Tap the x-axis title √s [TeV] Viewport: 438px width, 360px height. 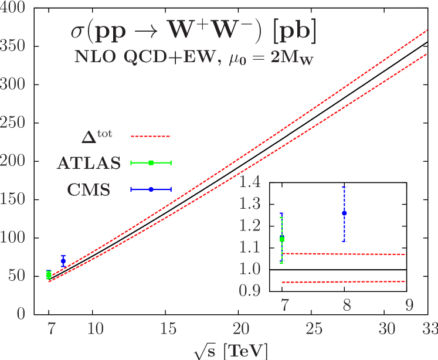(x=231, y=351)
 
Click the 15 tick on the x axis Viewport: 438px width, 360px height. (x=168, y=330)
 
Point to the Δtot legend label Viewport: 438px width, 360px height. (x=97, y=137)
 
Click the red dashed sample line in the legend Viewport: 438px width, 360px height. (x=151, y=136)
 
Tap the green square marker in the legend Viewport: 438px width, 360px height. (x=151, y=162)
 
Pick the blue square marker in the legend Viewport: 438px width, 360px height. (x=151, y=189)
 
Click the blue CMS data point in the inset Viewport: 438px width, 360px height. (x=344, y=212)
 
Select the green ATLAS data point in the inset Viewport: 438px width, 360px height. (x=282, y=239)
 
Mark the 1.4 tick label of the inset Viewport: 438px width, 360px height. (x=249, y=182)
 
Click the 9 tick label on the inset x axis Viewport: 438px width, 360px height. (x=409, y=305)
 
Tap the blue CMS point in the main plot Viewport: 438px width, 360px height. (x=63, y=260)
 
